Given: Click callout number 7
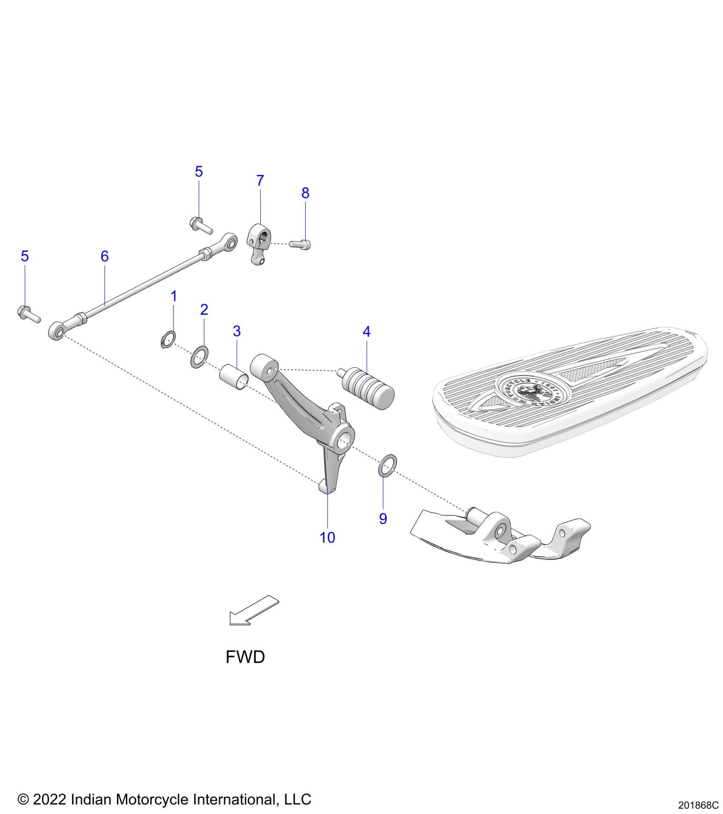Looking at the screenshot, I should (x=260, y=181).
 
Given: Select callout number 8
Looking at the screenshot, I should (x=305, y=193).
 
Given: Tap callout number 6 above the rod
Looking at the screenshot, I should (x=105, y=256).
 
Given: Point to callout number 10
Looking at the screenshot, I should (x=327, y=538).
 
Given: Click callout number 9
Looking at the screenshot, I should (x=383, y=519).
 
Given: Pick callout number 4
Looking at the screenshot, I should (x=367, y=332).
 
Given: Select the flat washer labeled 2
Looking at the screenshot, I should (x=199, y=357).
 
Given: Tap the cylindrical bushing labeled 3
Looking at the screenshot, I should (x=233, y=377).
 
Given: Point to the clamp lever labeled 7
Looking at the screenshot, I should (x=259, y=244).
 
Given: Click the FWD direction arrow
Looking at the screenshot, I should (x=253, y=611).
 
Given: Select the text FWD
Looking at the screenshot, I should (x=245, y=657).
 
